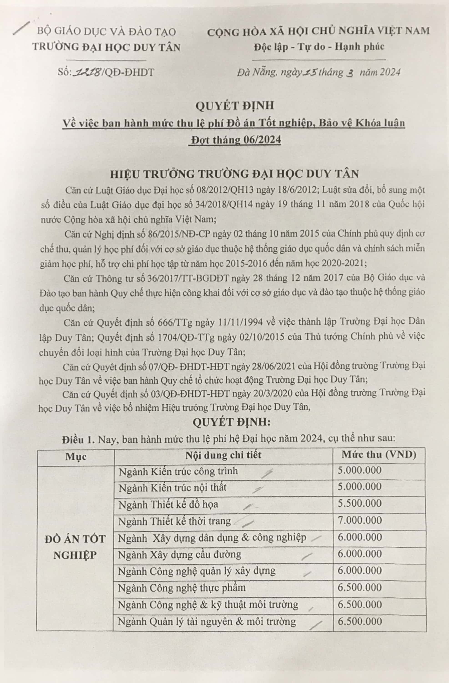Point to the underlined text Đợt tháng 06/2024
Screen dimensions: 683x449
tap(235, 140)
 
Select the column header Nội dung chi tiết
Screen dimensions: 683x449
tap(223, 455)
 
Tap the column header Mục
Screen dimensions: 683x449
tap(76, 456)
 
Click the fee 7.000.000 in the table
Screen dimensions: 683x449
tap(360, 520)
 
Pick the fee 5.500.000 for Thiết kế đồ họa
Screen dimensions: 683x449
tap(360, 503)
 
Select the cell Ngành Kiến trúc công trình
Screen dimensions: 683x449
tap(178, 471)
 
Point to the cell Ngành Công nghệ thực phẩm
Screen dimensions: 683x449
tap(182, 588)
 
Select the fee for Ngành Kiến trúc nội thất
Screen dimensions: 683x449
tap(360, 487)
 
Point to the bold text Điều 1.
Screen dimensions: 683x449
tap(78, 439)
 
